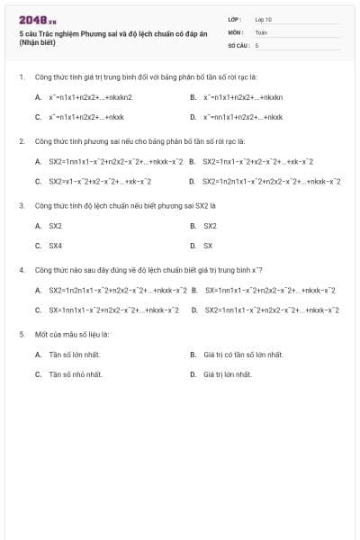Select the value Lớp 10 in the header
coord(263,19)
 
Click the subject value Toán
coord(261,31)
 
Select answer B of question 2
coord(257,161)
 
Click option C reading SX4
coord(55,245)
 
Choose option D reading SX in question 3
coord(207,245)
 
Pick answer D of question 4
coord(271,310)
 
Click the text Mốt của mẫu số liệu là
coord(72,334)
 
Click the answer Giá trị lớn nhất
coord(227,373)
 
